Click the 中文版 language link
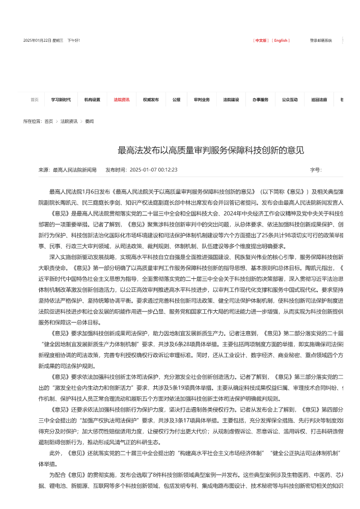262,40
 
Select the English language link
281,40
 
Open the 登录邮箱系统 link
321,40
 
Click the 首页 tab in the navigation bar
34,100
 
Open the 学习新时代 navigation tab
61,100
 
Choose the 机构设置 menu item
92,100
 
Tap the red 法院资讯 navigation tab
121,100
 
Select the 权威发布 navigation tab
151,100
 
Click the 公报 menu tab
176,100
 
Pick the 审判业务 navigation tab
202,100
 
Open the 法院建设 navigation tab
231,100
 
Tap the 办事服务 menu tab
260,100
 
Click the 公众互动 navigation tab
290,100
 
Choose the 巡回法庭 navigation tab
319,100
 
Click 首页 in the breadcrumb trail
48,121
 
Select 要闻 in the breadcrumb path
89,121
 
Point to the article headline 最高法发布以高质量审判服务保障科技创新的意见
211,150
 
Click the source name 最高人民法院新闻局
75,170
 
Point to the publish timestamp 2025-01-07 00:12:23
153,170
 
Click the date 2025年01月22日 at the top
37,40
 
